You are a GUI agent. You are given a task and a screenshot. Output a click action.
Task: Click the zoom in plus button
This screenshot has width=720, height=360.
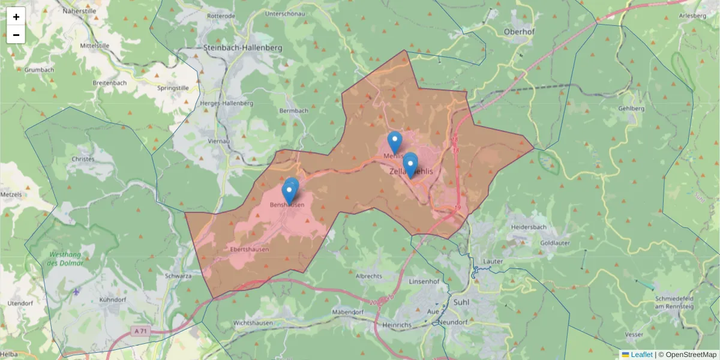(x=16, y=17)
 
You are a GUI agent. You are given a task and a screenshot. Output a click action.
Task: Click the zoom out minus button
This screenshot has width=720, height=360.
(x=16, y=35)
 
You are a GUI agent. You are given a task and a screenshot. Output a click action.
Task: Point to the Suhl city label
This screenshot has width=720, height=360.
(x=462, y=302)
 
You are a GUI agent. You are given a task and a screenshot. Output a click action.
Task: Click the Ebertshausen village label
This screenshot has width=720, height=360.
(x=250, y=249)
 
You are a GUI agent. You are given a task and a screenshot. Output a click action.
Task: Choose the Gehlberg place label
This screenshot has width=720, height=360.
(x=631, y=108)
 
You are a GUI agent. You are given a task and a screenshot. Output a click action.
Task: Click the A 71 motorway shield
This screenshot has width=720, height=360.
(x=141, y=331)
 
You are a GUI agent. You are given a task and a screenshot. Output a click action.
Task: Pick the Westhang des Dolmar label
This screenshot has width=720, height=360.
(x=66, y=259)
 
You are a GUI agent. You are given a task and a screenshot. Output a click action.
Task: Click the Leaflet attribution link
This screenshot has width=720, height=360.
(x=641, y=355)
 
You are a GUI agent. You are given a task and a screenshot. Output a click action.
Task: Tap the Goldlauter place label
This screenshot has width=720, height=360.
(x=555, y=243)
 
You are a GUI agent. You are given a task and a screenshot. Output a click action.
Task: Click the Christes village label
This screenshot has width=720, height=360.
(x=83, y=159)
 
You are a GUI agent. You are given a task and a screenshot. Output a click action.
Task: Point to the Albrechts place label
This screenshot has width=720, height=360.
(x=369, y=276)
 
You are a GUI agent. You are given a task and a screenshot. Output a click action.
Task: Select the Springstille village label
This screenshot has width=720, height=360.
(x=173, y=88)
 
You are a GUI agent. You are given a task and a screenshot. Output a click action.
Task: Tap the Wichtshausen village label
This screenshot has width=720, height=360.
(x=253, y=323)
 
